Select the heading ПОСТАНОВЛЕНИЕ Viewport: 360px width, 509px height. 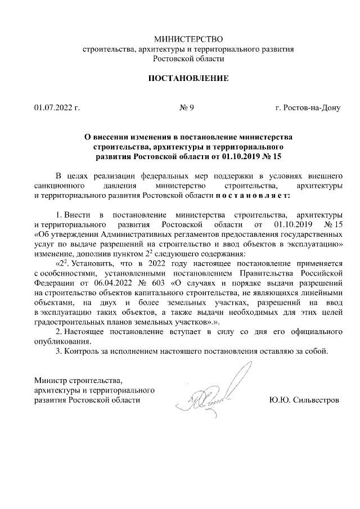tap(188, 78)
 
